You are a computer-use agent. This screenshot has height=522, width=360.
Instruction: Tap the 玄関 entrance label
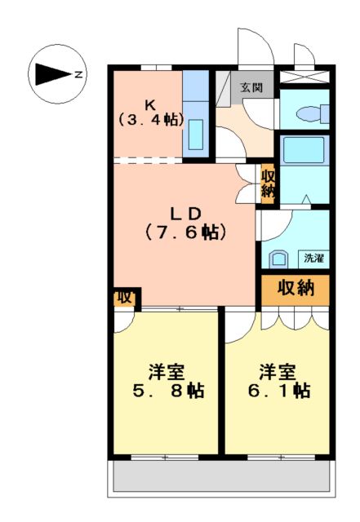[x=251, y=87]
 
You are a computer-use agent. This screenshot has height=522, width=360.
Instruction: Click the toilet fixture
[x=309, y=113]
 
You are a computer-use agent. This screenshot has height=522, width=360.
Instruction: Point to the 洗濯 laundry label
[x=313, y=258]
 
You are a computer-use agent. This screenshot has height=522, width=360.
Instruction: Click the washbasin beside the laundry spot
[x=278, y=259]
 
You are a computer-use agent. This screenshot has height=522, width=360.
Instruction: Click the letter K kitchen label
[x=150, y=104]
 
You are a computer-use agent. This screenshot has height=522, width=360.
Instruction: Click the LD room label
[x=185, y=213]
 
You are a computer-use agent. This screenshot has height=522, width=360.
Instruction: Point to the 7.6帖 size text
[x=185, y=232]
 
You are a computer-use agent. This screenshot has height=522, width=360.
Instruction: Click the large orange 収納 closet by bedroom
[x=295, y=288]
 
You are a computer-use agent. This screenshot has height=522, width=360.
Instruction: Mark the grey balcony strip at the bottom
[x=220, y=476]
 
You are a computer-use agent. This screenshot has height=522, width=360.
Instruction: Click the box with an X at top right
[x=304, y=78]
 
